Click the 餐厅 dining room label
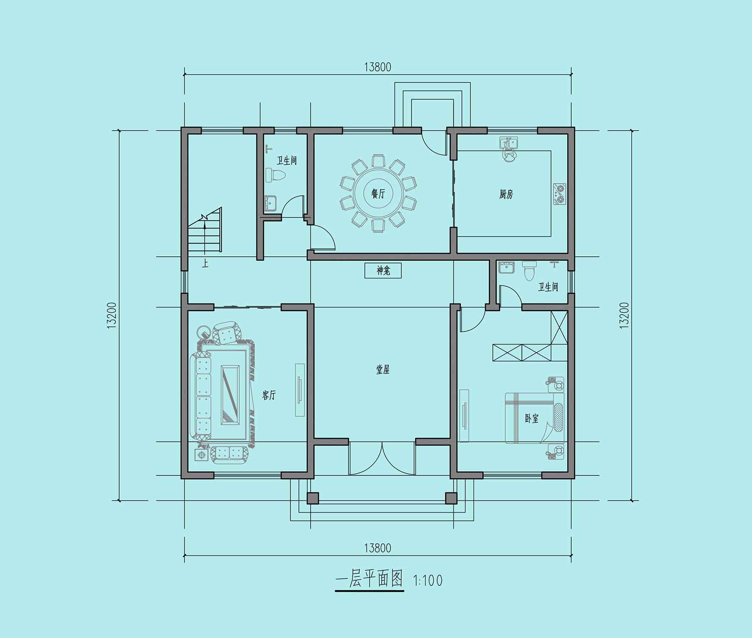[378, 194]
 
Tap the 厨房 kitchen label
[506, 194]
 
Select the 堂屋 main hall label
[383, 370]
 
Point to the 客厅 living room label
[269, 395]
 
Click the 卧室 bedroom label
[531, 419]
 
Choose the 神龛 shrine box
[383, 271]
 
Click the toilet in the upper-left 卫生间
[275, 175]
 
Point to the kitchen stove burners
[560, 194]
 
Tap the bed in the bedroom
[535, 418]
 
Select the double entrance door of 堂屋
[382, 458]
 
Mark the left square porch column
[313, 498]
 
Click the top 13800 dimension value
[377, 67]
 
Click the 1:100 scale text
[428, 580]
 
